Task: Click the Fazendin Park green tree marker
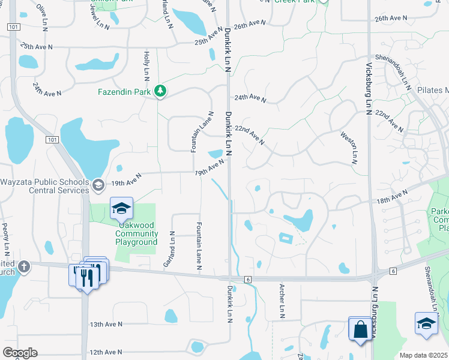point(160,91)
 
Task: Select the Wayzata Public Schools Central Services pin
point(98,185)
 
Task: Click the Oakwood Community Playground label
point(136,234)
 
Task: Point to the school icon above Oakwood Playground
point(121,208)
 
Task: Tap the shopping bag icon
point(360,329)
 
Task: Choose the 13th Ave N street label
point(106,324)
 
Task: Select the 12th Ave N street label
point(106,352)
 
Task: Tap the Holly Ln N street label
point(146,67)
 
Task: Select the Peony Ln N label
point(7,238)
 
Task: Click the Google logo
point(20,353)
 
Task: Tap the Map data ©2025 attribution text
point(423,355)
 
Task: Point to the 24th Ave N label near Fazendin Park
point(47,90)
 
